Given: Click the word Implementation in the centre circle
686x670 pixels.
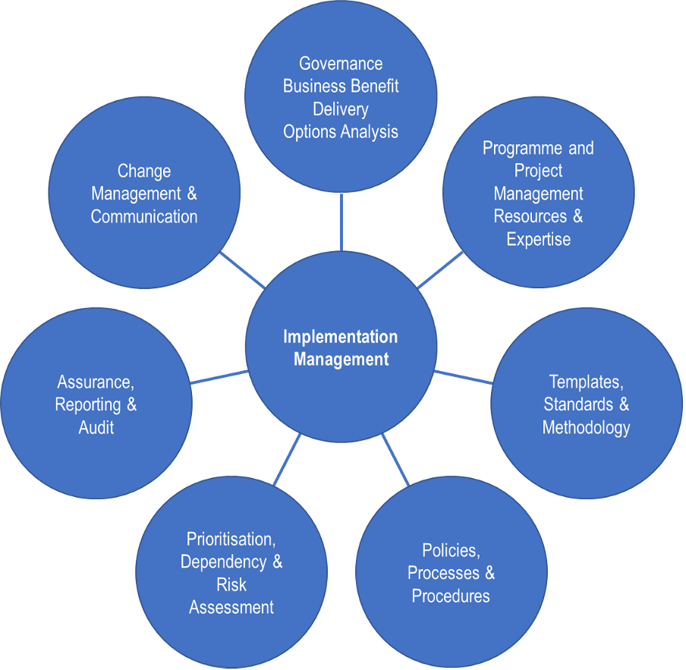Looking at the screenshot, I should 340,337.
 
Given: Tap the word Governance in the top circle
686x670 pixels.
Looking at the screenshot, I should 341,64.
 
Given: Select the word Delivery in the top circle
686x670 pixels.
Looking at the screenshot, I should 341,109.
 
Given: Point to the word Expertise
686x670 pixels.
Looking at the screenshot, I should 538,240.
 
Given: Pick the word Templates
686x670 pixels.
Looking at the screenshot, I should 584,382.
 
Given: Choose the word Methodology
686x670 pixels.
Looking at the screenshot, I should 586,428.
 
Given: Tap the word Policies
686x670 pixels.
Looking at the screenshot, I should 451,550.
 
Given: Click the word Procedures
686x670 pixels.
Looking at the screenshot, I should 451,596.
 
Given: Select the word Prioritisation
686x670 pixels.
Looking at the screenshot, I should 231,539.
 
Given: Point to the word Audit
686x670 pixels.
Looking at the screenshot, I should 96,428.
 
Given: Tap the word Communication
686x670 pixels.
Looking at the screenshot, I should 144,217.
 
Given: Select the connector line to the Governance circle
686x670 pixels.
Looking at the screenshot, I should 341,222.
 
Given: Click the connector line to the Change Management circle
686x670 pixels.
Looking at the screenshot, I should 241,269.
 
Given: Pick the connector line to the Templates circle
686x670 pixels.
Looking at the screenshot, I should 463,376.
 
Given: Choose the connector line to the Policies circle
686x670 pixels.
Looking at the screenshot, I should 395,460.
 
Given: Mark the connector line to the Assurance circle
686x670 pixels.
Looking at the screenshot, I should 219,377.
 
